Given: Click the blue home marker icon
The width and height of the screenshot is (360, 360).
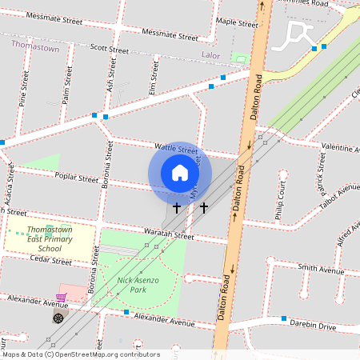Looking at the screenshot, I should (x=180, y=173).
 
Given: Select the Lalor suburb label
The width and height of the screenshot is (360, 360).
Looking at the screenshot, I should (x=209, y=56).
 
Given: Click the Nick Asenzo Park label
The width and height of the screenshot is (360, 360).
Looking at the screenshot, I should (x=138, y=285).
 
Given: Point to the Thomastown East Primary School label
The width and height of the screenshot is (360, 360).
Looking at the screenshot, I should (x=50, y=238).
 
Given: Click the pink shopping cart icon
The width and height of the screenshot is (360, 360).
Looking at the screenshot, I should (x=61, y=298).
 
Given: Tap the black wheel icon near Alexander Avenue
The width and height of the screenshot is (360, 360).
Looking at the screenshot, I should (x=58, y=318).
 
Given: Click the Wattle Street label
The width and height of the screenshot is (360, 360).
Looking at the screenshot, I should (x=176, y=149).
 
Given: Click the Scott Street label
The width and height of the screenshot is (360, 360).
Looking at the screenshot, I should (x=109, y=49).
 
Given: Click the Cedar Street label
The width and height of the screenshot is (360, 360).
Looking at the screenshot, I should (x=50, y=260).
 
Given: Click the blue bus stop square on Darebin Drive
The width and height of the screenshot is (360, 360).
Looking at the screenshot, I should (x=285, y=320).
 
